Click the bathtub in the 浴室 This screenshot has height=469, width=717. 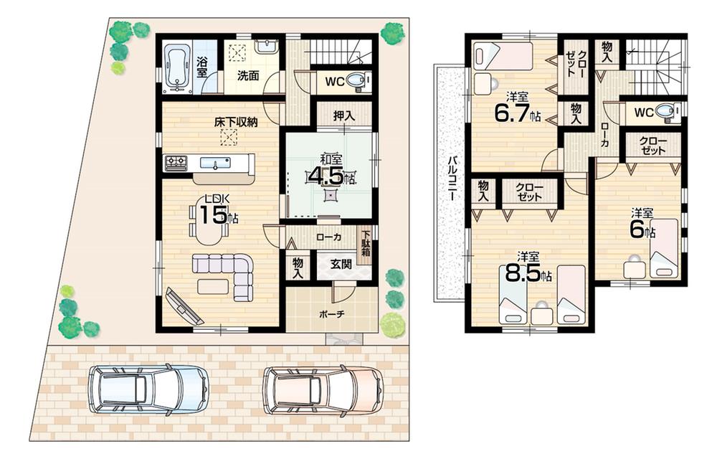click(176, 67)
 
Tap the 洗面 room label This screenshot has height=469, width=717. click(249, 76)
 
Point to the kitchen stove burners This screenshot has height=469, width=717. click(176, 164)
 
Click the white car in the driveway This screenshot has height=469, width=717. click(148, 389)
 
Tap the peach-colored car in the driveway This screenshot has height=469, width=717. click(323, 389)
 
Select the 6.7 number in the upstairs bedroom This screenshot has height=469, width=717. click(511, 113)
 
